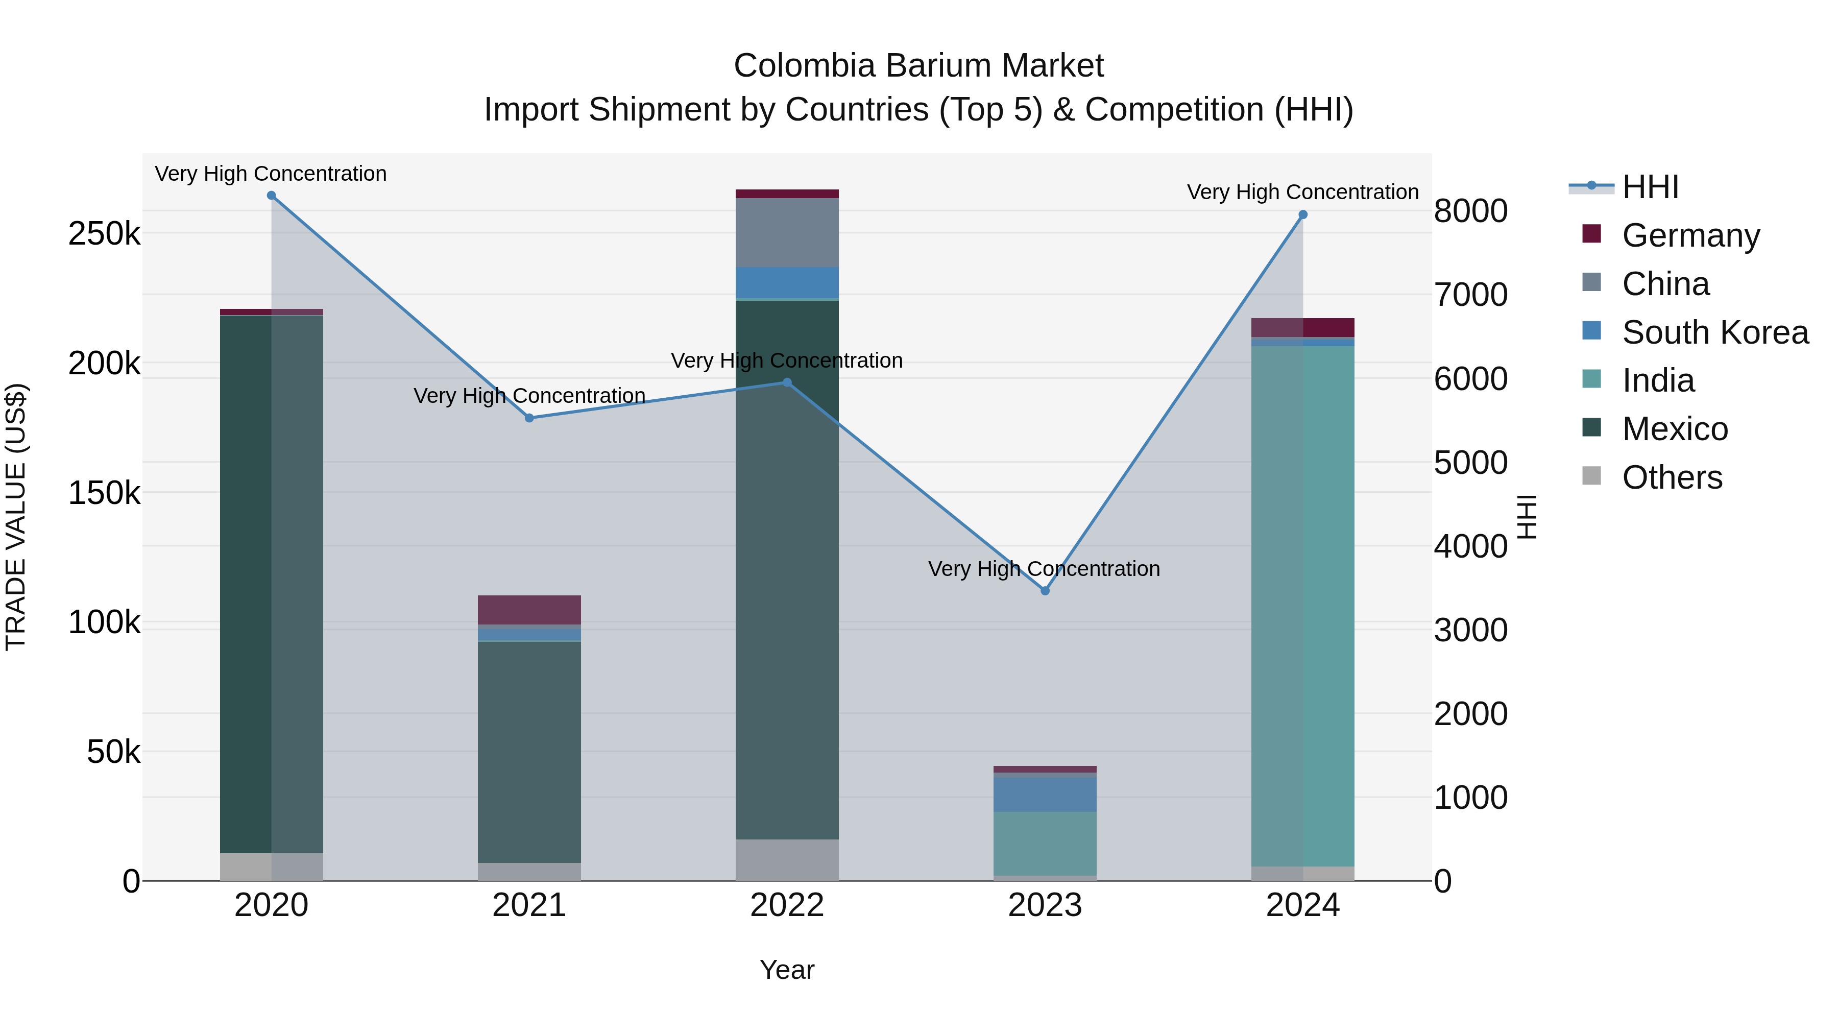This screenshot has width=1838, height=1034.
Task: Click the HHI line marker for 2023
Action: [x=1045, y=591]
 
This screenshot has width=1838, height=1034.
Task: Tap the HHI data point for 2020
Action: [x=271, y=196]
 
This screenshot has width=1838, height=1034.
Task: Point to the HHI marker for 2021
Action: [x=529, y=418]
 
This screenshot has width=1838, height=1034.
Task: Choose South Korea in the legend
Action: [x=1714, y=332]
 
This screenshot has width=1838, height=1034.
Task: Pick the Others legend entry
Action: [x=1672, y=477]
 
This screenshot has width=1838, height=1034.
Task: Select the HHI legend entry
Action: [x=1650, y=187]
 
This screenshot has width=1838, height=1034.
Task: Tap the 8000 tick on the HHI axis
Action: [x=1470, y=212]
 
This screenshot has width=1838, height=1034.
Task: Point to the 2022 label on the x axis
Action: [x=787, y=905]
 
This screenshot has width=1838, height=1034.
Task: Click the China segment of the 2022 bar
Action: [x=787, y=233]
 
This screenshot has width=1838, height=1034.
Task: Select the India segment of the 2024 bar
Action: [x=1303, y=607]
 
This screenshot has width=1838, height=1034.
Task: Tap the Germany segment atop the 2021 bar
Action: [x=529, y=610]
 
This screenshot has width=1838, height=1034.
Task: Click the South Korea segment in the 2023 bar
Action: [x=1045, y=793]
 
